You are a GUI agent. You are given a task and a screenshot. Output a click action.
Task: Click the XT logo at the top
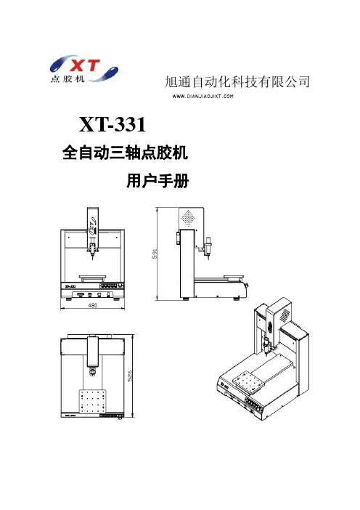[83, 69]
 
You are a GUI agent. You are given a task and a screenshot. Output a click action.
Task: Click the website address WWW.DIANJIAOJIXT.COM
[203, 97]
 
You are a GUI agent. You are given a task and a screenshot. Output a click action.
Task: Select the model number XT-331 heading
[112, 124]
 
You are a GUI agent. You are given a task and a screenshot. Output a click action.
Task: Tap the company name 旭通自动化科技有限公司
[237, 81]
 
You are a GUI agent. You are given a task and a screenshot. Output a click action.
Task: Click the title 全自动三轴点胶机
[125, 153]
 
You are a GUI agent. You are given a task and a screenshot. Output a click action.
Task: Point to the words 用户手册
[157, 181]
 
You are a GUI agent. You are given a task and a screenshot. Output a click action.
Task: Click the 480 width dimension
[93, 305]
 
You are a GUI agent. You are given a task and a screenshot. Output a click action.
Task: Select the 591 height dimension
[155, 254]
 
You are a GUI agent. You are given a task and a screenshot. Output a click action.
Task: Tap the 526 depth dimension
[130, 376]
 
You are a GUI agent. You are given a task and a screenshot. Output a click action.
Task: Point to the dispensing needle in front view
[92, 256]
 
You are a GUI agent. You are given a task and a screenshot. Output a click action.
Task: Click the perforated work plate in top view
[92, 402]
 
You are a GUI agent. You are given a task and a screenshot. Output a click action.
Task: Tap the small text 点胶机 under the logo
[67, 79]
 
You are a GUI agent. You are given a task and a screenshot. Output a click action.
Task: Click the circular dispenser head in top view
[93, 371]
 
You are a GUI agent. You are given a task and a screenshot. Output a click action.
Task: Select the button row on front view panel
[109, 286]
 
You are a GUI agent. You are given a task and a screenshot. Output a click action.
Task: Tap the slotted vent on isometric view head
[285, 314]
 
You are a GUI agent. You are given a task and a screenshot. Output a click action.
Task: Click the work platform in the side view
[234, 277]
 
